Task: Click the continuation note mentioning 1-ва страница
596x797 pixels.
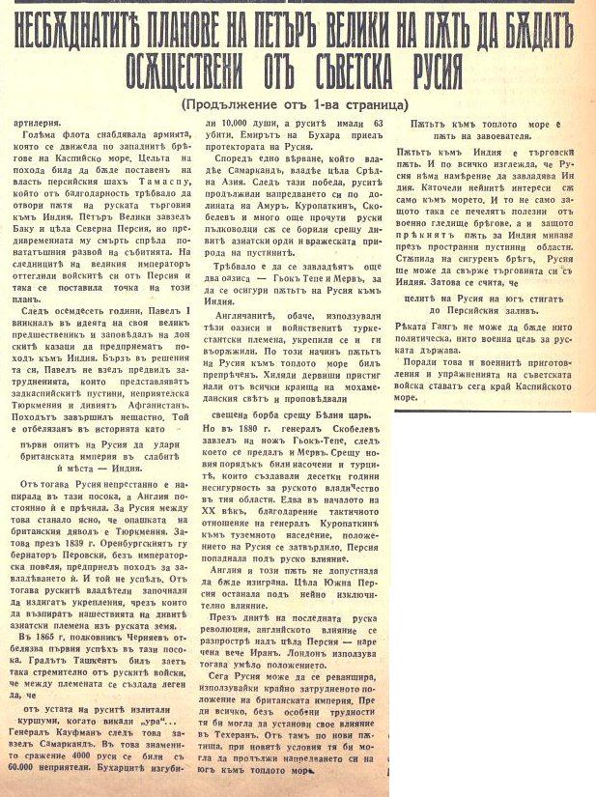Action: [295, 103]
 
